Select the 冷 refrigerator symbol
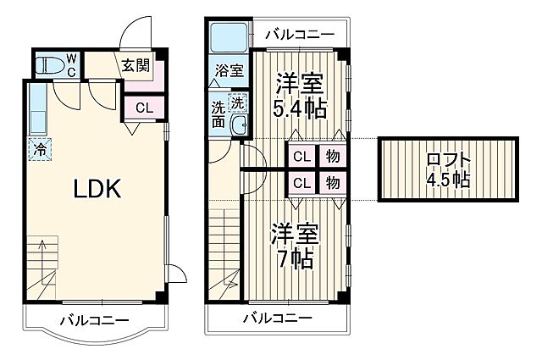click(40, 149)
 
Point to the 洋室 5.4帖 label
click(299, 97)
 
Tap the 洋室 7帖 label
click(294, 246)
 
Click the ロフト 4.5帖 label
click(448, 169)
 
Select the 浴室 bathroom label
click(229, 70)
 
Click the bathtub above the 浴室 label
click(227, 37)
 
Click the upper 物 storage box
click(333, 157)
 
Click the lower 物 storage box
click(333, 183)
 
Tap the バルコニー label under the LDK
click(94, 321)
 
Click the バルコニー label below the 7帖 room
click(277, 318)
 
